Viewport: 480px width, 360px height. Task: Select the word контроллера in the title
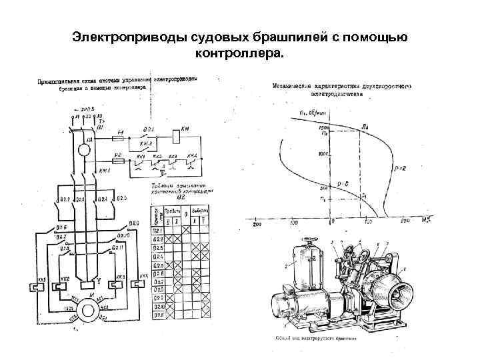click(x=239, y=52)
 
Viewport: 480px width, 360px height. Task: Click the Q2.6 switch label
click(x=61, y=229)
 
